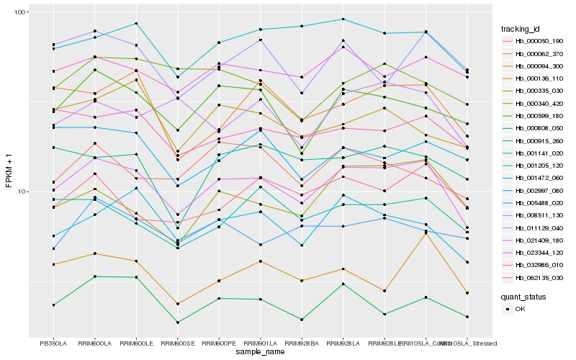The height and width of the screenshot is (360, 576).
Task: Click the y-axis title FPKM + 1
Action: point(9,174)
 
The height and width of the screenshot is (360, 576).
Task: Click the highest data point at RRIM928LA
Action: point(343,19)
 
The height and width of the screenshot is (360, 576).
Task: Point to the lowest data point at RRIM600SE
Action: point(177,323)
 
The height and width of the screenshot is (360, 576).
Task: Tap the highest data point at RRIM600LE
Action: point(136,24)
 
